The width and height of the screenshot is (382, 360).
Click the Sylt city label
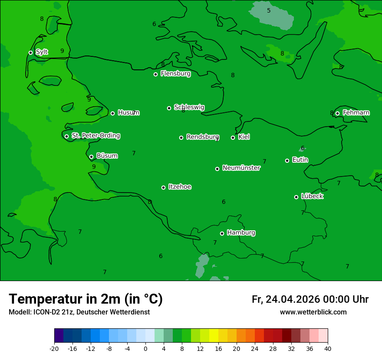pyautogui.click(x=42, y=52)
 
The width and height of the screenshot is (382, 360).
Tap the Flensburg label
pyautogui.click(x=175, y=74)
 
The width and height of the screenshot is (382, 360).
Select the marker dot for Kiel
pyautogui.click(x=233, y=137)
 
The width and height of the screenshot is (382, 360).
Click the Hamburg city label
pyautogui.click(x=241, y=233)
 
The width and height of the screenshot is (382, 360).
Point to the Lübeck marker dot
pyautogui.click(x=296, y=197)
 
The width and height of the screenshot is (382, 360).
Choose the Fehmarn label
pyautogui.click(x=356, y=113)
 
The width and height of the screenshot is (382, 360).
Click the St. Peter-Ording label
pyautogui.click(x=95, y=136)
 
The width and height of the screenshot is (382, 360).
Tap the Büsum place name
pyautogui.click(x=107, y=156)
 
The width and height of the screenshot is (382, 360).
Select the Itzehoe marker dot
pyautogui.click(x=163, y=187)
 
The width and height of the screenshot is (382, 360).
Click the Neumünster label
pyautogui.click(x=241, y=168)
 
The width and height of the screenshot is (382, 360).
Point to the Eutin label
pyautogui.click(x=300, y=160)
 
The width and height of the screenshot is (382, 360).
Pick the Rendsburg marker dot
pyautogui.click(x=181, y=137)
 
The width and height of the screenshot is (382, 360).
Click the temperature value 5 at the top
pyautogui.click(x=269, y=10)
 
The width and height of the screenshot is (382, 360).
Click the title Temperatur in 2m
pyautogui.click(x=86, y=299)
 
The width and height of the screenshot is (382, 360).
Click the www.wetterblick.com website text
pyautogui.click(x=313, y=312)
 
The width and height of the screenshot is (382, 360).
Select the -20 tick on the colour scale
pyautogui.click(x=54, y=349)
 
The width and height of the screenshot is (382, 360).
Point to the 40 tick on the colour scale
pyautogui.click(x=328, y=349)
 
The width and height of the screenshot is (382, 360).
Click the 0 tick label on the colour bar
pyautogui.click(x=145, y=349)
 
